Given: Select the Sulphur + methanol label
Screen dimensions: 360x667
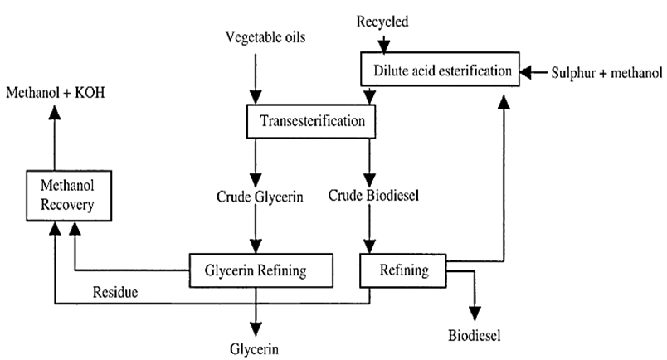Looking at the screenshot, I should [599, 72].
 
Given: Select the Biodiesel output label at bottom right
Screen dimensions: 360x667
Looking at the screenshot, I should [475, 336].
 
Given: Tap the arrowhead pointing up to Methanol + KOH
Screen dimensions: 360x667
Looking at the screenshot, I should [55, 111].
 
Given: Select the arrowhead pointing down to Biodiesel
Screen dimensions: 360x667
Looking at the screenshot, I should [475, 313].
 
